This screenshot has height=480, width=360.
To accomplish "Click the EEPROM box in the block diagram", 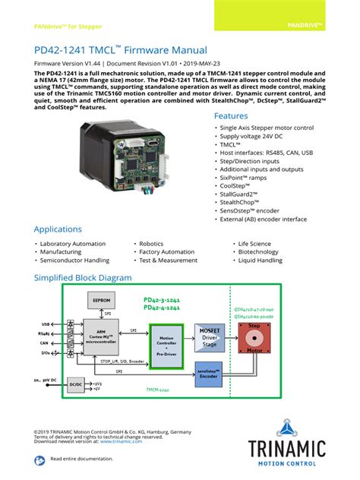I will tap(101, 300).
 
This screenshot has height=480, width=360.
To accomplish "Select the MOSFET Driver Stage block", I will tap(209, 336).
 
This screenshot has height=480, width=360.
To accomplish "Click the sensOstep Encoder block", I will tap(209, 374).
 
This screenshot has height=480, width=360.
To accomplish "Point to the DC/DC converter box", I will tap(75, 386).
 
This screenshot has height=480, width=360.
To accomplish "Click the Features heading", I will tap(231, 116).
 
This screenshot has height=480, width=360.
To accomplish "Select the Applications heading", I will tap(68, 229).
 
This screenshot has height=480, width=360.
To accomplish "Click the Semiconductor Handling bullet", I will tap(76, 261).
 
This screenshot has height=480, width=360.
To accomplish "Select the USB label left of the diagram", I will tap(45, 324).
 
